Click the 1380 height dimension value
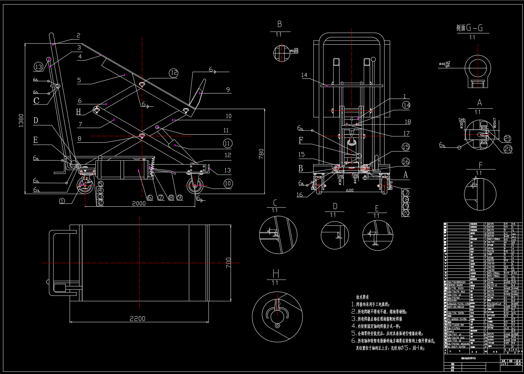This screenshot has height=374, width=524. (21, 120)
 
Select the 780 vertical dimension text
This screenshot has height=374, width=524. (261, 154)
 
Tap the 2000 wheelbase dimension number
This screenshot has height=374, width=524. (139, 203)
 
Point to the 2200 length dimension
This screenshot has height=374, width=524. (137, 319)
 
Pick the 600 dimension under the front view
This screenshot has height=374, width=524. (350, 190)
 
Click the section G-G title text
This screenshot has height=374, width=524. (469, 28)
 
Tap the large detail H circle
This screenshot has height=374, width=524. (277, 317)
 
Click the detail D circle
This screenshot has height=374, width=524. (334, 235)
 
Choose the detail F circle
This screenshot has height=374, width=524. (480, 194)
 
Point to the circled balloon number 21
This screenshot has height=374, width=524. (507, 139)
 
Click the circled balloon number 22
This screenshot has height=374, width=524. (508, 149)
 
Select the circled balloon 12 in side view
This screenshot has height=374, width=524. (174, 73)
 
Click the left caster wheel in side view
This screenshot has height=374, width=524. (85, 186)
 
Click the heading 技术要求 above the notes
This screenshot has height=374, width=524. (362, 297)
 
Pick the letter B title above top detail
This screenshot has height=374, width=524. (279, 24)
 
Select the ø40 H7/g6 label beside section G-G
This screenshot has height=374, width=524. (445, 64)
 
